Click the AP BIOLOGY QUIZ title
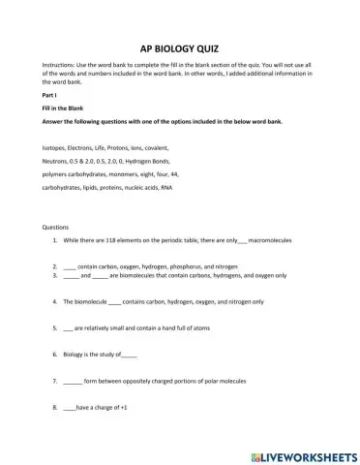pos(179,46)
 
